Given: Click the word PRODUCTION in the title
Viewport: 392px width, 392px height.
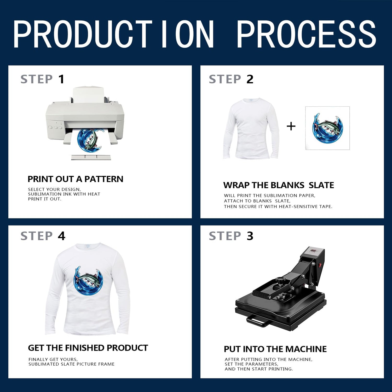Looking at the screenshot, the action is (114, 34).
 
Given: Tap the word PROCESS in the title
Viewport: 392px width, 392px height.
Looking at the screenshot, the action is (306, 34).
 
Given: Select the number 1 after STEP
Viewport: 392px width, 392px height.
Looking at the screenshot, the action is (61, 79).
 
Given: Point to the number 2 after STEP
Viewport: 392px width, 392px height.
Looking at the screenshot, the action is (250, 79).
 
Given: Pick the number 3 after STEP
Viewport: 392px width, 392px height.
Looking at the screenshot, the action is (250, 236).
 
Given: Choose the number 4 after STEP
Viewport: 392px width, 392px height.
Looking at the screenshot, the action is (61, 236).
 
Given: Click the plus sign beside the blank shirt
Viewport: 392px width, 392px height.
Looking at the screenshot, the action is (291, 126).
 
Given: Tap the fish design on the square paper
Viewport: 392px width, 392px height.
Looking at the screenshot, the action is (327, 128).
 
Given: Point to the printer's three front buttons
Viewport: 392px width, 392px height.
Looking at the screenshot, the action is (55, 128).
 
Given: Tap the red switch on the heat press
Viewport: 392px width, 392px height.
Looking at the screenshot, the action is (320, 264).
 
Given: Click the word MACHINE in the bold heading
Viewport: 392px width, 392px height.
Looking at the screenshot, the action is (306, 349).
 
